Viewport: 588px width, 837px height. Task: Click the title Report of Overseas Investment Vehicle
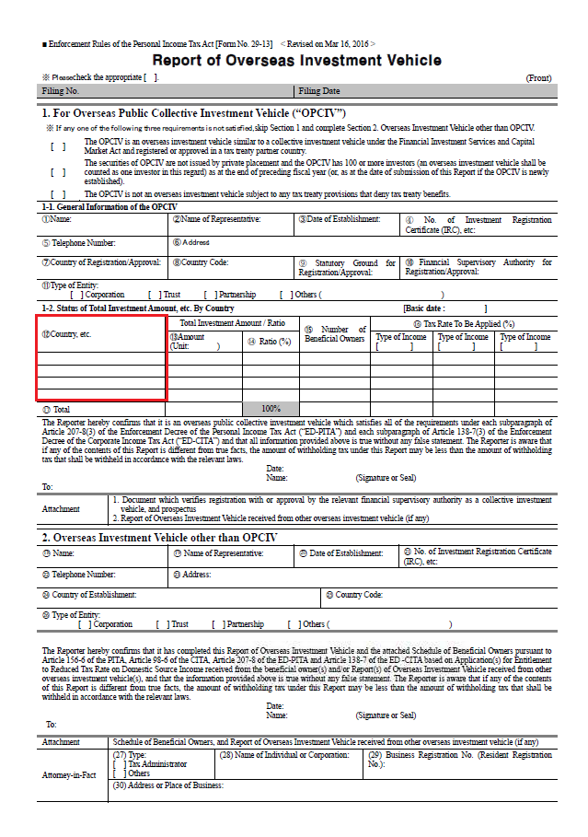pyautogui.click(x=296, y=61)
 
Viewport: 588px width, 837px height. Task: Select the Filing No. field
pyautogui.click(x=166, y=91)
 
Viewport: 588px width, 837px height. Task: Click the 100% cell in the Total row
pyautogui.click(x=271, y=408)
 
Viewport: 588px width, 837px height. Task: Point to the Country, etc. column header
pyautogui.click(x=102, y=333)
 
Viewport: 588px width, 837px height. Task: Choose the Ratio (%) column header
pyautogui.click(x=270, y=341)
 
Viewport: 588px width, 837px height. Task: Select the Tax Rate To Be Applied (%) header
pyautogui.click(x=464, y=323)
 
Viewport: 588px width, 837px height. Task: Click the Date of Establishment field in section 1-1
pyautogui.click(x=345, y=225)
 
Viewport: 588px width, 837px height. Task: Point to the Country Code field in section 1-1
pyautogui.click(x=230, y=267)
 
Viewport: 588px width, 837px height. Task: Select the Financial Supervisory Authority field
pyautogui.click(x=478, y=267)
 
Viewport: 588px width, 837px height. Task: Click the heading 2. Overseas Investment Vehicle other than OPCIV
pyautogui.click(x=160, y=536)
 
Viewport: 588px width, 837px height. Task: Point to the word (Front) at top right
pyautogui.click(x=538, y=78)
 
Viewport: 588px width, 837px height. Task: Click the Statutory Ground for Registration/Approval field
pyautogui.click(x=347, y=267)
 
